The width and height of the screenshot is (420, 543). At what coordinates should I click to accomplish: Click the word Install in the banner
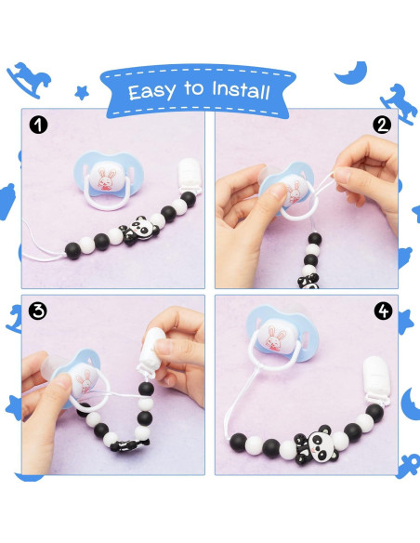(237, 91)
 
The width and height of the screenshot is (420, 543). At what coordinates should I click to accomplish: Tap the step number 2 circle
(383, 125)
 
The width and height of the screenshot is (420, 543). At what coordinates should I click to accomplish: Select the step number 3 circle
(37, 311)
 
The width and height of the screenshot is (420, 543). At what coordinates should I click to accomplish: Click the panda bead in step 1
(138, 228)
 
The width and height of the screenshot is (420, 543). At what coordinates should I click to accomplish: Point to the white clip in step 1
(188, 177)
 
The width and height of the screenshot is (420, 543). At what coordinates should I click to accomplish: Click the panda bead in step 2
(306, 275)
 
